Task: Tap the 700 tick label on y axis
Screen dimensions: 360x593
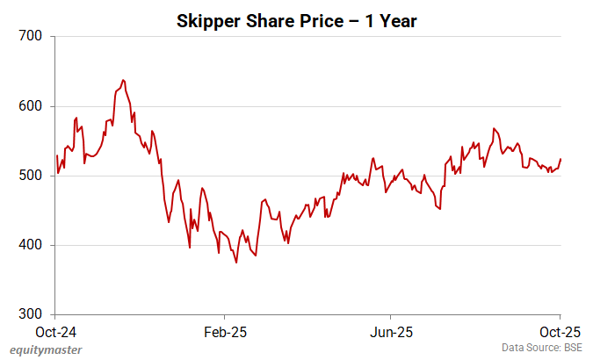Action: coord(32,37)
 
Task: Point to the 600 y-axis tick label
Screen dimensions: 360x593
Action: coord(32,106)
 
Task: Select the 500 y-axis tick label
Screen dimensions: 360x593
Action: coord(32,176)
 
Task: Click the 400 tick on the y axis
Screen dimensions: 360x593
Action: coord(32,245)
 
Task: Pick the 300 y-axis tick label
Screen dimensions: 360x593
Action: coord(32,314)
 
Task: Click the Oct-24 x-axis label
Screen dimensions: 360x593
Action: coord(54,333)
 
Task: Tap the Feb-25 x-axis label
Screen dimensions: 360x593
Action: coord(224,333)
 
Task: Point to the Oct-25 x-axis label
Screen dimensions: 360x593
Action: coord(559,333)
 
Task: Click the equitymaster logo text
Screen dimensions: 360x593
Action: coord(41,349)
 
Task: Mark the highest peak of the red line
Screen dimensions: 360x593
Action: coord(122,80)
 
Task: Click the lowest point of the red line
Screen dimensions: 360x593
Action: coord(235,263)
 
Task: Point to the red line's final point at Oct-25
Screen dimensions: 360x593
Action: coord(560,159)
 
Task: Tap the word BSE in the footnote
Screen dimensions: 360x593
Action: coord(572,349)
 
